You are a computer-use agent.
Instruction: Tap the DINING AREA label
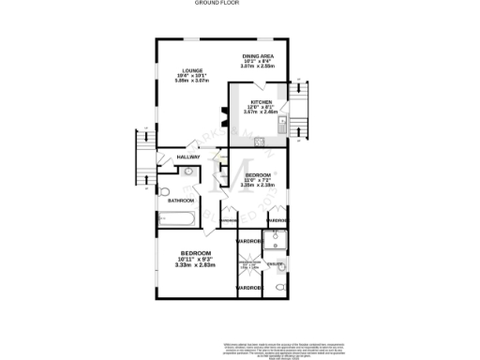click(257, 56)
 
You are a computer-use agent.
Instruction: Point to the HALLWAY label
click(190, 157)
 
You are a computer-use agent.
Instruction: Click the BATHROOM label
click(181, 201)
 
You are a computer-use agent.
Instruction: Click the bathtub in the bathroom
click(176, 220)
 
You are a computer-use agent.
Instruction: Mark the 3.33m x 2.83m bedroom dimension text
click(195, 265)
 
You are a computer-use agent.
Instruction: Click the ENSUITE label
click(274, 264)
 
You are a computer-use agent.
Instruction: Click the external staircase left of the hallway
click(144, 157)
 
